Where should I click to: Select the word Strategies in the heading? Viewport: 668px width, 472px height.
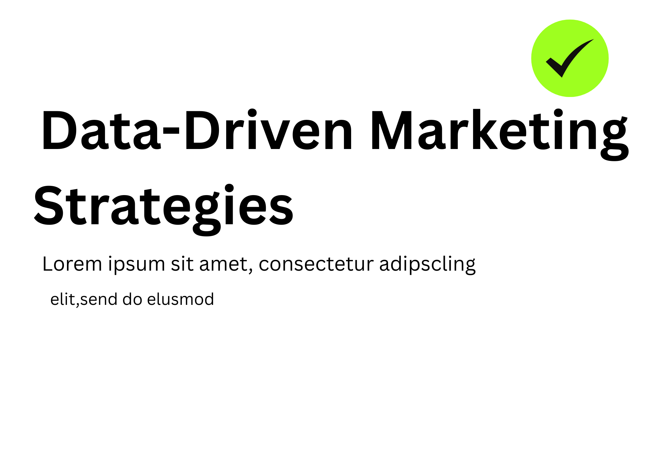pos(164,210)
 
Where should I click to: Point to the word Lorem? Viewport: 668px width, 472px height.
pos(72,264)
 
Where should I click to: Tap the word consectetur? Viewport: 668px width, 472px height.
pos(316,264)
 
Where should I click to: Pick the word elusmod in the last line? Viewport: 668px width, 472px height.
pos(180,299)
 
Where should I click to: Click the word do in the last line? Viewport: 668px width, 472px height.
pos(132,299)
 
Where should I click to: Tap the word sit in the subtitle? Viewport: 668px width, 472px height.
pos(182,264)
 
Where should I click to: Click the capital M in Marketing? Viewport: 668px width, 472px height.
pos(392,130)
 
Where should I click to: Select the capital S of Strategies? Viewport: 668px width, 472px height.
pos(49,205)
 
